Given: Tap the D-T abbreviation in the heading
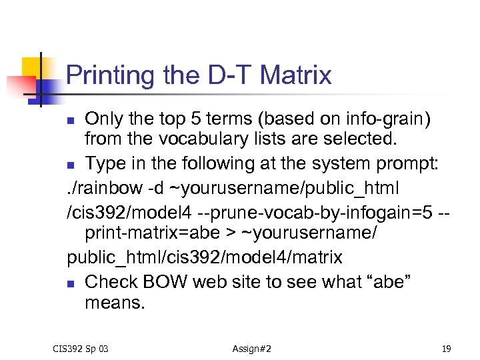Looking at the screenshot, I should coord(230,75).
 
